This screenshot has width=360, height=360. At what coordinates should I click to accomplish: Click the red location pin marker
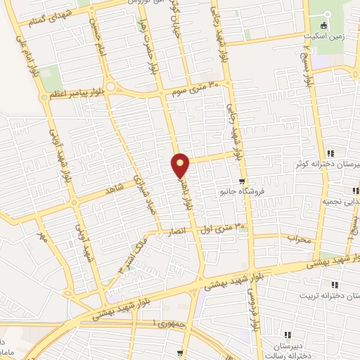tap(181, 165)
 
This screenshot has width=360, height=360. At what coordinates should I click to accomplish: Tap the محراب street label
tap(299, 239)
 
